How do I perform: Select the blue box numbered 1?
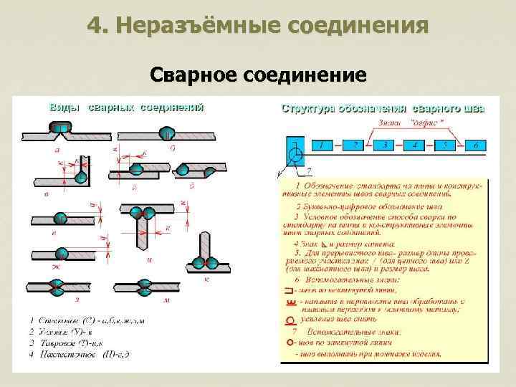click(320, 145)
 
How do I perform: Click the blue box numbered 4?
click(414, 145)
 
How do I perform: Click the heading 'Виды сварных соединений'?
click(126, 107)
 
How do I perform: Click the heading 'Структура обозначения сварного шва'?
click(383, 109)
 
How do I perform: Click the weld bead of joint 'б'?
click(166, 133)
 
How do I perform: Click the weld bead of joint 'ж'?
click(62, 254)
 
